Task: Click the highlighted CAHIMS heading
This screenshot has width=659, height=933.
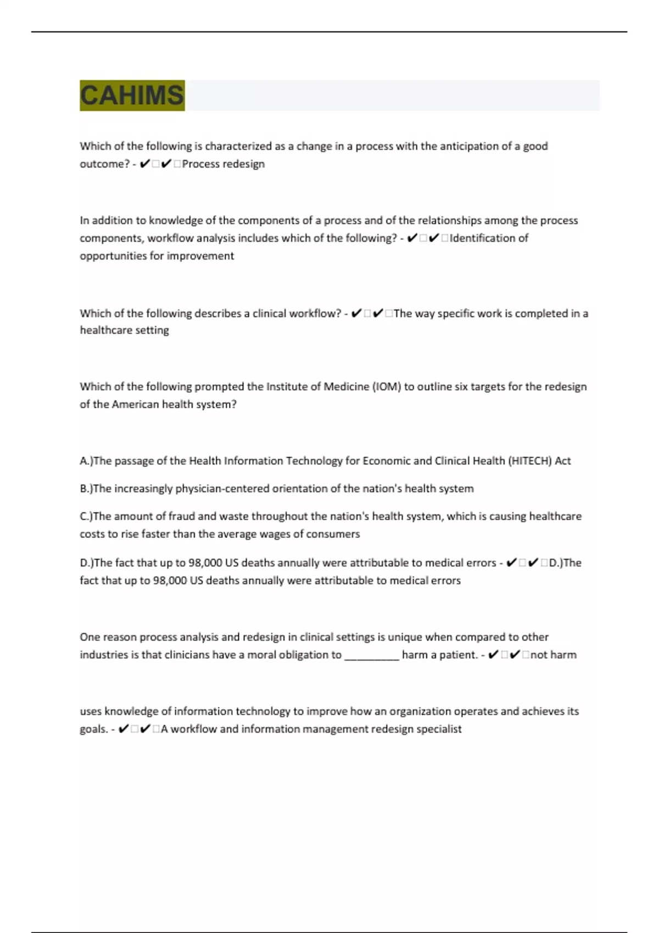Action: point(132,95)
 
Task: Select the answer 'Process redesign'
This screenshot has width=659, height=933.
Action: point(223,164)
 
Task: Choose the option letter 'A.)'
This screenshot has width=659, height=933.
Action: point(86,460)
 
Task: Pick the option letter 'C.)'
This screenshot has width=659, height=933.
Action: point(86,516)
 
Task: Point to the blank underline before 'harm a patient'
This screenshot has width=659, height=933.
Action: point(371,655)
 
